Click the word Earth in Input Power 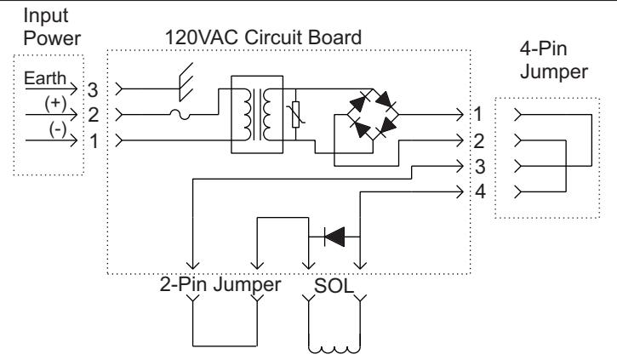[45, 78]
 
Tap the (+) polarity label [55, 103]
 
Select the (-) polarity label [58, 129]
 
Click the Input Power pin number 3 [93, 90]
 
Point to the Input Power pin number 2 [94, 115]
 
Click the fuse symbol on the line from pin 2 [180, 115]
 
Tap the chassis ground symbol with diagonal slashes [186, 82]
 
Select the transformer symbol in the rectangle [257, 115]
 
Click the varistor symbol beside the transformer [296, 115]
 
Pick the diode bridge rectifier [373, 115]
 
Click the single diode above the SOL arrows [334, 237]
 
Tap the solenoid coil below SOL [334, 348]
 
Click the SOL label [334, 286]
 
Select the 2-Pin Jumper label [220, 284]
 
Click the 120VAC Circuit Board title [263, 37]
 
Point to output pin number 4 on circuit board [481, 191]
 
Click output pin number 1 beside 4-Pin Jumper [478, 114]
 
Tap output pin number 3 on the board [480, 167]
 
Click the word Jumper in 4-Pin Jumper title [554, 72]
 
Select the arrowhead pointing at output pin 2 [460, 140]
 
